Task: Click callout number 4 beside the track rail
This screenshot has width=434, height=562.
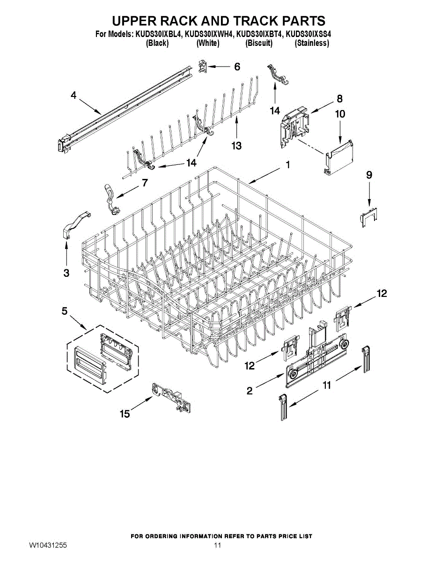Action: (x=74, y=96)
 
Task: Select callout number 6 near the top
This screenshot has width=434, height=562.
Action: (x=237, y=67)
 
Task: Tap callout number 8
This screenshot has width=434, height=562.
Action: (x=339, y=99)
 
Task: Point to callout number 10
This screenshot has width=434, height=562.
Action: (x=340, y=114)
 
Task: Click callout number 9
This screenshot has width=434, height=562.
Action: (x=369, y=175)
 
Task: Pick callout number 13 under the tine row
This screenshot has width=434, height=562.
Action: (x=236, y=146)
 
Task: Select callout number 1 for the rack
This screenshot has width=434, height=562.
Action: (x=287, y=165)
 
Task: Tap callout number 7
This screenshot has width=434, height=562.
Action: (x=145, y=183)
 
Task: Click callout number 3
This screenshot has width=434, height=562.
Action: (x=66, y=273)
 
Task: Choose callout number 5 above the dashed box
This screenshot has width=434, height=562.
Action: (x=65, y=311)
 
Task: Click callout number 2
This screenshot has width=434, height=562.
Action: (x=250, y=390)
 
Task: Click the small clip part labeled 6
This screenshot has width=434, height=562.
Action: (x=202, y=67)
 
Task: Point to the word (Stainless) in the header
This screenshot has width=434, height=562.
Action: (x=311, y=43)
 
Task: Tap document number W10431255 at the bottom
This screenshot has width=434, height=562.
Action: (x=48, y=546)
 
